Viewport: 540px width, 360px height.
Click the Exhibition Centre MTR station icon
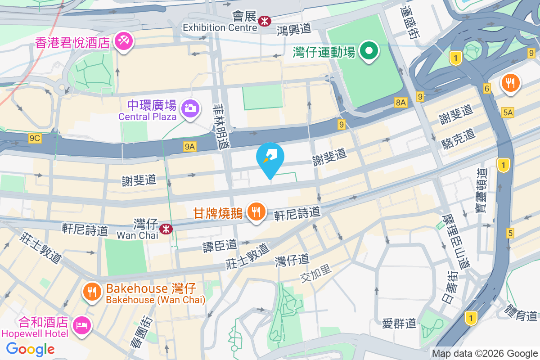click(264, 19)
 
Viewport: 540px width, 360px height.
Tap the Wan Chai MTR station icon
click(167, 229)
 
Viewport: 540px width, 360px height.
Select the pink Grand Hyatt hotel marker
click(122, 42)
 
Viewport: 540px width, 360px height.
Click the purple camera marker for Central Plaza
click(190, 108)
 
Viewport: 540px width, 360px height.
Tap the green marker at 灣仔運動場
click(369, 51)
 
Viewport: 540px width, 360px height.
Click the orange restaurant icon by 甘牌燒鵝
click(256, 211)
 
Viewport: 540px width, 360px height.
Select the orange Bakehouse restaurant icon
click(92, 291)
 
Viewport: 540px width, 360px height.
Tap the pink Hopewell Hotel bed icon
click(82, 324)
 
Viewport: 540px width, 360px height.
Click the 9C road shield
click(35, 139)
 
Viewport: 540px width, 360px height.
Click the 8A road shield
click(401, 103)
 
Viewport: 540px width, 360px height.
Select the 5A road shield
click(508, 112)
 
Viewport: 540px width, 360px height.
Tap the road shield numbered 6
click(487, 89)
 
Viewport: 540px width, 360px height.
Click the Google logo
click(30, 349)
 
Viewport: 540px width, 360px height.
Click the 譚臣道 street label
click(220, 245)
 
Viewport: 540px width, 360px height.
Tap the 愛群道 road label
click(399, 323)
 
